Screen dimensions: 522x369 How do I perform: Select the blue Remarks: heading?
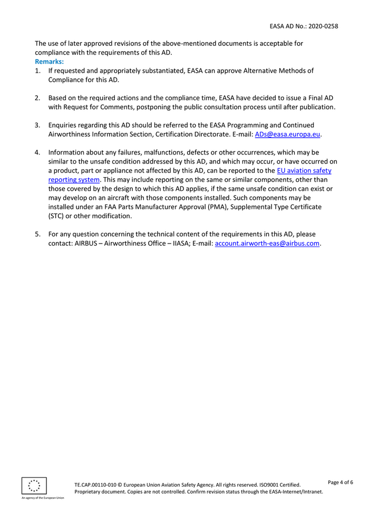click(49, 62)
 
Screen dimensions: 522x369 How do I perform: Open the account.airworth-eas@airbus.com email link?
click(268, 244)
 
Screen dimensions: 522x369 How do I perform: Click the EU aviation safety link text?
click(304, 171)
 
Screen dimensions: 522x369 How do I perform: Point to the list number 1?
click(38, 71)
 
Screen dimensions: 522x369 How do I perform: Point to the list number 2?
click(38, 98)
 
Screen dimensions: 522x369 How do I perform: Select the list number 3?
click(38, 125)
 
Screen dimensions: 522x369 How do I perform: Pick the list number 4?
click(38, 153)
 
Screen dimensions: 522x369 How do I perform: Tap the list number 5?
click(38, 234)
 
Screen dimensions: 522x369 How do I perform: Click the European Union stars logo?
click(34, 486)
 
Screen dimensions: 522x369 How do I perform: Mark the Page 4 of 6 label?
click(340, 482)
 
